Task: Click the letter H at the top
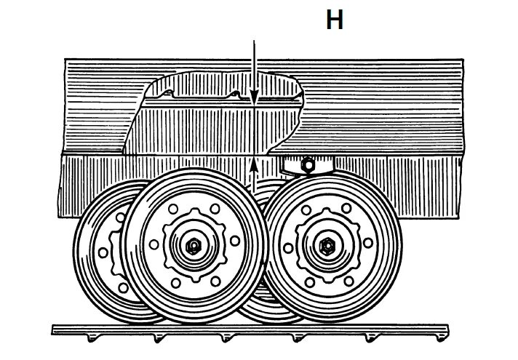[334, 20]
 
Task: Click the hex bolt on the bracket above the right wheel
[308, 164]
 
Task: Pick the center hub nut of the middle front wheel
[194, 247]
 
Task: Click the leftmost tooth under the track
[90, 338]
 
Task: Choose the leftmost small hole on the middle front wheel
[154, 245]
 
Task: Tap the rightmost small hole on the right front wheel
[368, 242]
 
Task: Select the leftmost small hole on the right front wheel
[288, 248]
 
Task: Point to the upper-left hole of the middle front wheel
[172, 211]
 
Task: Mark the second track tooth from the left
[159, 338]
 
